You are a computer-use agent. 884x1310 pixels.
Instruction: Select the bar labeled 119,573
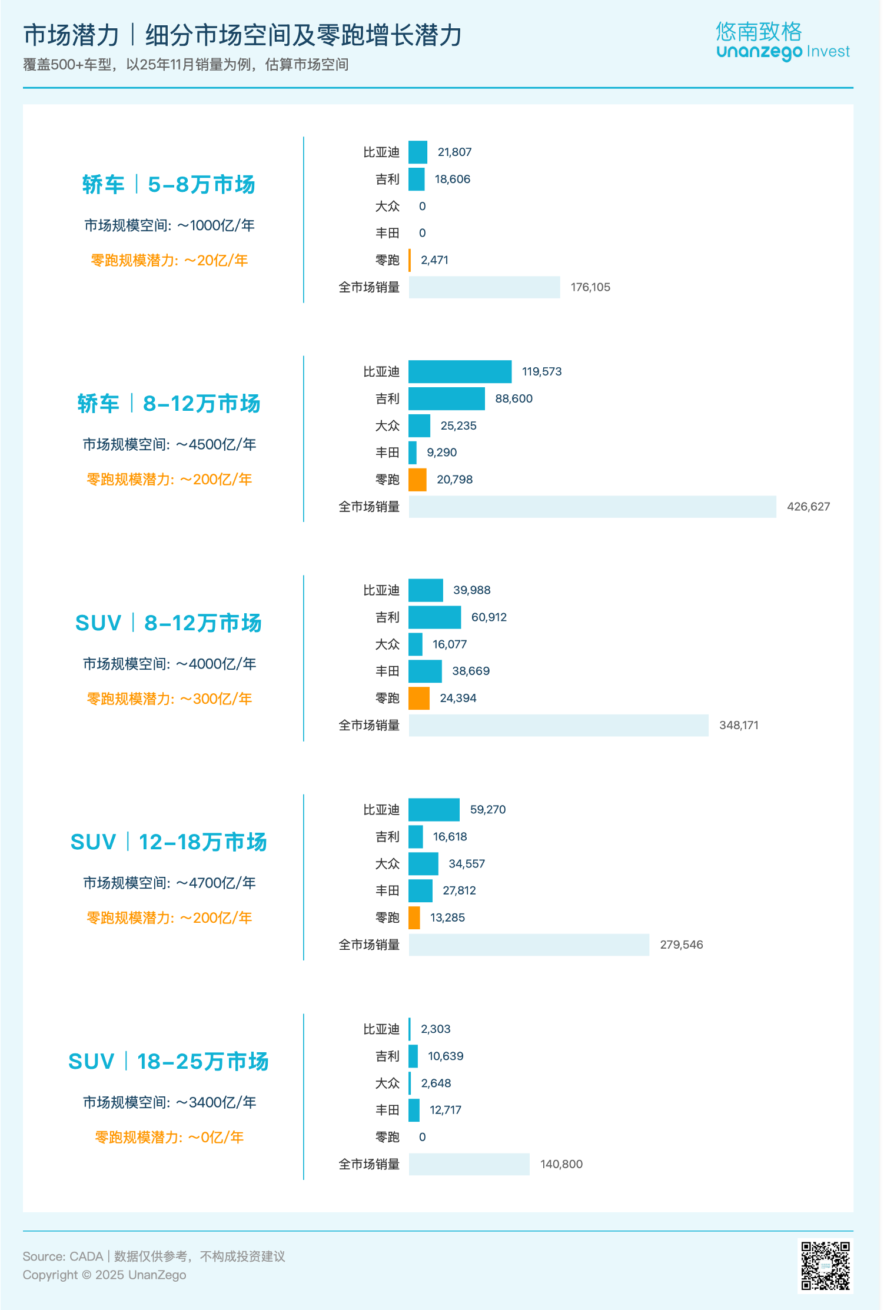[x=460, y=371]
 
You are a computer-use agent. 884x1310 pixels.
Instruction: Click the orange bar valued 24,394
[x=418, y=698]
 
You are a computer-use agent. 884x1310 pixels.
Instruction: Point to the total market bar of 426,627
[x=592, y=507]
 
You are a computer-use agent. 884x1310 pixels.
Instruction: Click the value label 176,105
[x=590, y=287]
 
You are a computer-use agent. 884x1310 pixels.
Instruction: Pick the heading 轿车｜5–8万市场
[x=169, y=185]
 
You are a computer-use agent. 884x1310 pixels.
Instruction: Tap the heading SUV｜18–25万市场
[x=169, y=1062]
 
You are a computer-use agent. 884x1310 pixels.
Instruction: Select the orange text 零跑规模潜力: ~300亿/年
[x=169, y=699]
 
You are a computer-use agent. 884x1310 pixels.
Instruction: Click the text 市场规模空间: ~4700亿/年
[x=169, y=883]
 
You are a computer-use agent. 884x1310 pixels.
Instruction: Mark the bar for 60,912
[x=434, y=617]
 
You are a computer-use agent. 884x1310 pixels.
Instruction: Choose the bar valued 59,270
[x=434, y=810]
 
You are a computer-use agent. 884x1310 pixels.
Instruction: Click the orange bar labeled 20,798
[x=417, y=480]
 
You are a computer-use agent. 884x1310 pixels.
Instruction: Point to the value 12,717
[x=446, y=1110]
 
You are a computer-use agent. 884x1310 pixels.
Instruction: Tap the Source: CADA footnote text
[x=154, y=1256]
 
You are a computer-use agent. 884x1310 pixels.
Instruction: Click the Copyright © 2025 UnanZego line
[x=104, y=1275]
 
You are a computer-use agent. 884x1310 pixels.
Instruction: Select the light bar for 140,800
[x=469, y=1164]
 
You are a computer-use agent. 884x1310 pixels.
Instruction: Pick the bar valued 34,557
[x=423, y=864]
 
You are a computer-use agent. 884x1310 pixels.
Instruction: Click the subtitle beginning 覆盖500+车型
[x=185, y=65]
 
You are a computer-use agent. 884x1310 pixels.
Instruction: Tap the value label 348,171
[x=739, y=726]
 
